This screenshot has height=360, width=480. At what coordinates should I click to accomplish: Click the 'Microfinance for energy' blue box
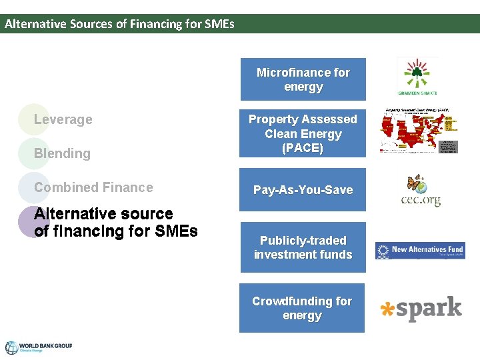coord(303,79)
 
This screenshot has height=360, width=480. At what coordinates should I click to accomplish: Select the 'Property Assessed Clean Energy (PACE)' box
coord(303,133)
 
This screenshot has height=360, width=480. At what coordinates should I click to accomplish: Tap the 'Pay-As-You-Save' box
coord(303,190)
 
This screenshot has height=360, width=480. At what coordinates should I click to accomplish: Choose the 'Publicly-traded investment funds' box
coord(303,247)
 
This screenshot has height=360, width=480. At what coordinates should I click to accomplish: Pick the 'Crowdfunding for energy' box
coord(302,308)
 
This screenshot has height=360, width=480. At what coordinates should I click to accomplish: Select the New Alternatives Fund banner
coord(420,250)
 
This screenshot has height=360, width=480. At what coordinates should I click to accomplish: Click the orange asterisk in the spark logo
coord(386,309)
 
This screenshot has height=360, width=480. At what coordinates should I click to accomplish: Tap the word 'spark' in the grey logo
coord(429,309)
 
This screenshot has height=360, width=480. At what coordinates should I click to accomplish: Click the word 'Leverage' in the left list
coord(63,120)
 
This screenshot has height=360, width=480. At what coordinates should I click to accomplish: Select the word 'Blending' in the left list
coord(62,153)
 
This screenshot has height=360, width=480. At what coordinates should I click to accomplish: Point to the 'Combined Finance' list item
coord(93,187)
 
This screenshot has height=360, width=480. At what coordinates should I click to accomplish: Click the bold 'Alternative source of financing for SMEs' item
coord(115,223)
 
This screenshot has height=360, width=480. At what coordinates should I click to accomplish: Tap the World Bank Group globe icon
coord(11,347)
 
